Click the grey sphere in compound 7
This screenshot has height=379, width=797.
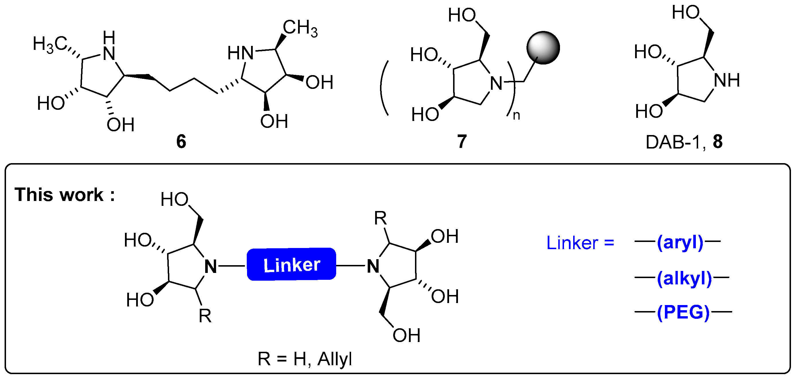point(543,48)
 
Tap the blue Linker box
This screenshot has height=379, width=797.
point(291,265)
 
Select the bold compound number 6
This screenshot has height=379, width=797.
point(181,142)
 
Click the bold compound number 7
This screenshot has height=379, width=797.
point(462,142)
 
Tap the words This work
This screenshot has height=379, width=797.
point(59,195)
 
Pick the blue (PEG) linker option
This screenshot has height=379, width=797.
point(683,312)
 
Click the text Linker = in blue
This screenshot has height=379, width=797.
point(580,243)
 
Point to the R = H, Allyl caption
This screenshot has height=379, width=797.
point(305,359)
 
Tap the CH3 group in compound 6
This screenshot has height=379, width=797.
point(300,28)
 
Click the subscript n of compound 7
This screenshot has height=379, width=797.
point(516,116)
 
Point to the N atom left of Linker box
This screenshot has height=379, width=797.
point(211,266)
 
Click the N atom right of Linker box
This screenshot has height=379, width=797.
point(373,266)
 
